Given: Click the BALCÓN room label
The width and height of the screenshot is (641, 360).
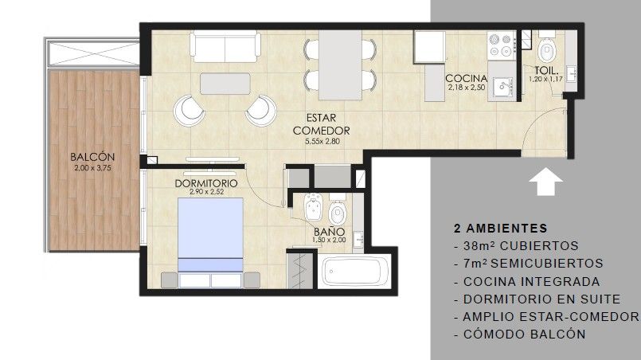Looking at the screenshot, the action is pyautogui.click(x=92, y=157).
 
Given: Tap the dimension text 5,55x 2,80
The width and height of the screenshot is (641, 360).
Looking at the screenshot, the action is pyautogui.click(x=322, y=142).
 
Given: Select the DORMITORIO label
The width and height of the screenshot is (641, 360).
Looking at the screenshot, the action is pyautogui.click(x=206, y=183).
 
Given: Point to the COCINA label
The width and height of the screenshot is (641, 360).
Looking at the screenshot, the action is pyautogui.click(x=466, y=78).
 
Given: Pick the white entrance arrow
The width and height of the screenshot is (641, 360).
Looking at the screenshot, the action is pyautogui.click(x=545, y=182).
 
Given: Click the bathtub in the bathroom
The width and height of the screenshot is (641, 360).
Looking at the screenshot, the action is pyautogui.click(x=354, y=272).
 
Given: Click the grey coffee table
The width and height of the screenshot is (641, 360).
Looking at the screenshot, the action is pyautogui.click(x=225, y=84).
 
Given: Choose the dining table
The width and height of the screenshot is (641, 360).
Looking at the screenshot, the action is pyautogui.click(x=340, y=65).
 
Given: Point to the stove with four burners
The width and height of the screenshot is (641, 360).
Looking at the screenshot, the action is pyautogui.click(x=502, y=45).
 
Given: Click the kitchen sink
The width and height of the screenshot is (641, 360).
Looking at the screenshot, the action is pyautogui.click(x=502, y=86).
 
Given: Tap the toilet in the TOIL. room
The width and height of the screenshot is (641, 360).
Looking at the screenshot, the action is pyautogui.click(x=546, y=50).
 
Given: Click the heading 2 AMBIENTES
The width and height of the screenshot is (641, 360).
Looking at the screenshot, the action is pyautogui.click(x=500, y=229).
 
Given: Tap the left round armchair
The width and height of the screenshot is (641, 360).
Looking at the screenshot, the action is pyautogui.click(x=189, y=111).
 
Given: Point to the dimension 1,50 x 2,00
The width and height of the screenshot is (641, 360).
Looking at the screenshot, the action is pyautogui.click(x=329, y=241).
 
